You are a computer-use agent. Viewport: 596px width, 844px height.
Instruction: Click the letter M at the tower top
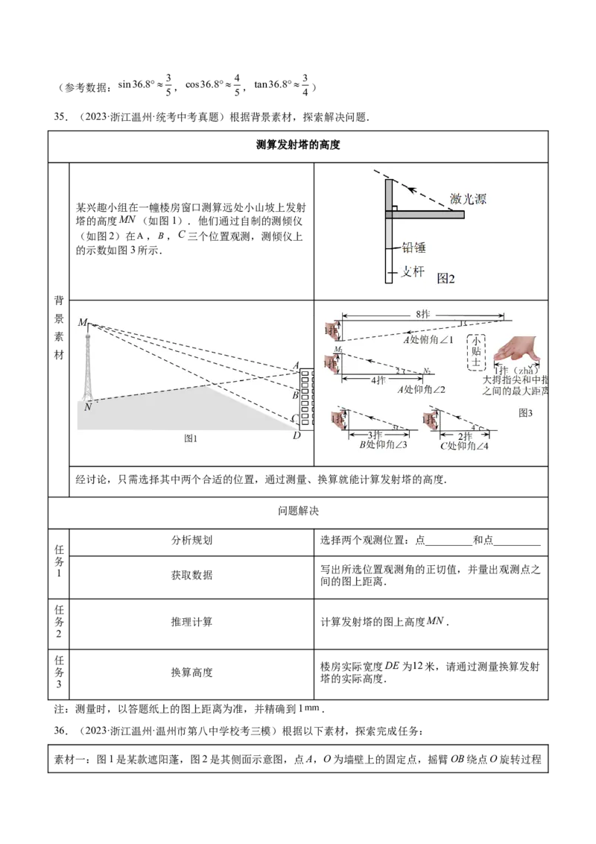pos(82,322)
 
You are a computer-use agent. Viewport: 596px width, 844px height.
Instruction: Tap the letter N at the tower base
pos(88,406)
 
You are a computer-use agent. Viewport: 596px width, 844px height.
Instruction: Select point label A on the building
pos(296,366)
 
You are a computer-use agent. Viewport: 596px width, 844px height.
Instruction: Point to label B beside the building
pos(295,394)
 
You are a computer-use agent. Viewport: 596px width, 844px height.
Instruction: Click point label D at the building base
pos(297,435)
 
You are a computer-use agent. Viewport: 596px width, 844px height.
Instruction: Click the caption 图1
pos(191,438)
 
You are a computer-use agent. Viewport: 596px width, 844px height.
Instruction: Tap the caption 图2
pos(446,279)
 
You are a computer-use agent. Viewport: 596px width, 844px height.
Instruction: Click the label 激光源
pos(468,199)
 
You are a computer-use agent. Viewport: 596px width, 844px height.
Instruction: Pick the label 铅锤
pos(413,248)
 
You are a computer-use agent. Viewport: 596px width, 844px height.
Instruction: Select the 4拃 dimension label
pos(379,380)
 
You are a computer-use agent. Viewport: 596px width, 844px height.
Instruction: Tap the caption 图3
pos(527,411)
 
